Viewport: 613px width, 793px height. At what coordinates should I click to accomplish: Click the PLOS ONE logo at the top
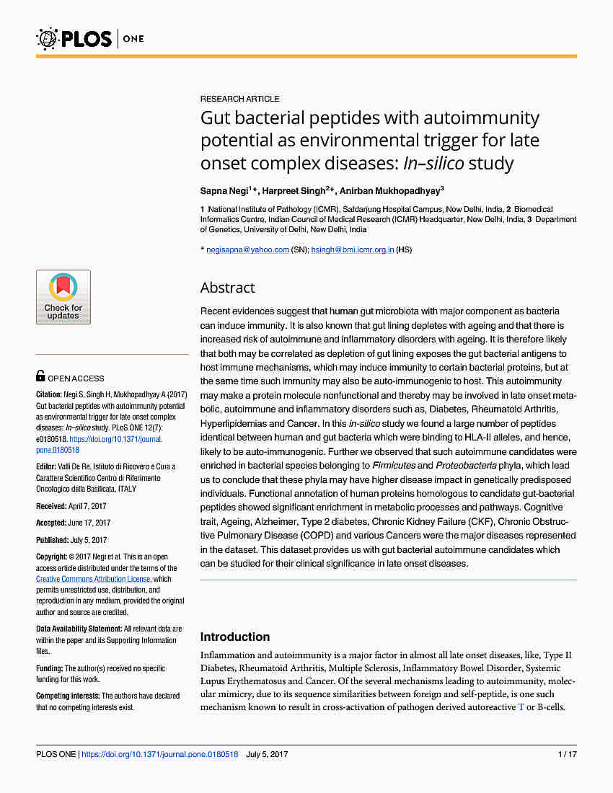click(90, 37)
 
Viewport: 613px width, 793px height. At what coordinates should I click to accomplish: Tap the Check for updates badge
click(63, 297)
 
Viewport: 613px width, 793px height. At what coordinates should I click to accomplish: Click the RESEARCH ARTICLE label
click(239, 99)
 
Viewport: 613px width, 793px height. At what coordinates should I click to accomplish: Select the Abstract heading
click(227, 288)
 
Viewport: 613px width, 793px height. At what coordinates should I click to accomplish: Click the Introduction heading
click(234, 637)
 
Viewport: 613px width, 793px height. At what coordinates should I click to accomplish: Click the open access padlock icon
click(40, 376)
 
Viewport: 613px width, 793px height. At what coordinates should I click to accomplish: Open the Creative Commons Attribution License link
click(93, 579)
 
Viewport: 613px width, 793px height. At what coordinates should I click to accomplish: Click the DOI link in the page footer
click(160, 754)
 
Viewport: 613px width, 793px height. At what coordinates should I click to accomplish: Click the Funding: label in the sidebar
click(50, 669)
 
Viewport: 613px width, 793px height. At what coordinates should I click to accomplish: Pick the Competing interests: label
click(68, 696)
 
